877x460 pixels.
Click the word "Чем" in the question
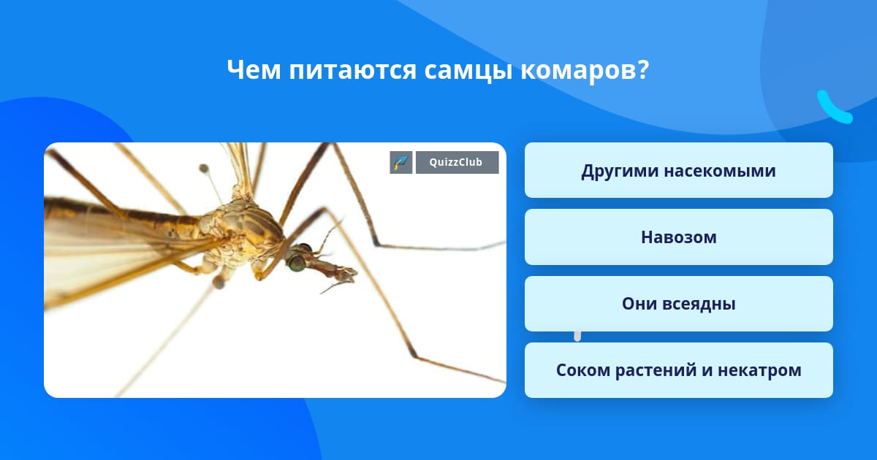254,70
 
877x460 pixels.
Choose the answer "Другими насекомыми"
678,170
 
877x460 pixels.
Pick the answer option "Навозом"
678,237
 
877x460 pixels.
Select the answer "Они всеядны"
678,304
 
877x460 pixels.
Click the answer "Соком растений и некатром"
678,370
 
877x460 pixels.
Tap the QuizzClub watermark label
457,162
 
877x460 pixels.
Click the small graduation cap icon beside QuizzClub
401,162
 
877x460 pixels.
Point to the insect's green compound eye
297,262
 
